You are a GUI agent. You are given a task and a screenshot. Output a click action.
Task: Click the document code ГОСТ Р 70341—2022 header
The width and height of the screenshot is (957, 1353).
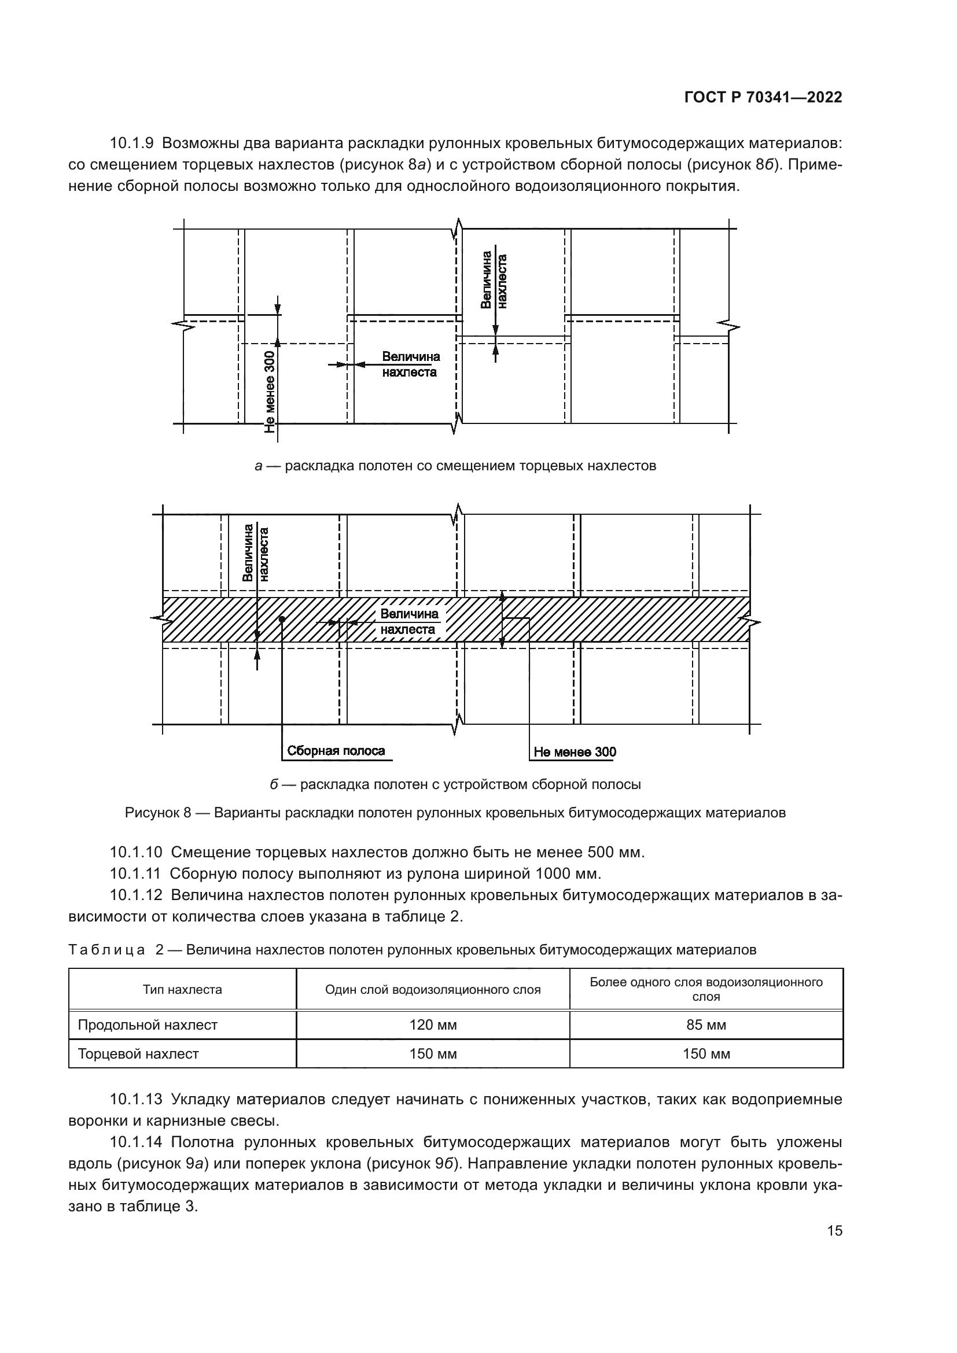click(763, 98)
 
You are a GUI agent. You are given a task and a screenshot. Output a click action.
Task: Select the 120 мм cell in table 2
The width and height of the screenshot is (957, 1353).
click(433, 1025)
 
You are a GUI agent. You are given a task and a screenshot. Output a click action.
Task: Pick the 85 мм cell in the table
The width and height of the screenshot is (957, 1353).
click(706, 1025)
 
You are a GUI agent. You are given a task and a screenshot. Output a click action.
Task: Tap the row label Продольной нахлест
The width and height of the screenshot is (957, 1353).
click(148, 1025)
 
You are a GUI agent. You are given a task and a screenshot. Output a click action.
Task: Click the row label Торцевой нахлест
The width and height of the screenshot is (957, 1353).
click(138, 1053)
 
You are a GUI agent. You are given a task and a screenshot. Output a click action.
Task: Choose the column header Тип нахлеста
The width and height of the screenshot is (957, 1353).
click(182, 989)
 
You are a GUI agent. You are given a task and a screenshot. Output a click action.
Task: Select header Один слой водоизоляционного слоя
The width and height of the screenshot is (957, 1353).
click(433, 989)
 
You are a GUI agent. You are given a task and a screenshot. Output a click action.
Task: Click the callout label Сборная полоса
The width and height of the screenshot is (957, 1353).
click(336, 751)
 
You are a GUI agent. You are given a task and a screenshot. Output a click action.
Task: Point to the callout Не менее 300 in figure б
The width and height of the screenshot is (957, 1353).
click(575, 752)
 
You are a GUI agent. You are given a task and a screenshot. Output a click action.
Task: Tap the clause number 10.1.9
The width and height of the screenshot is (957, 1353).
click(131, 143)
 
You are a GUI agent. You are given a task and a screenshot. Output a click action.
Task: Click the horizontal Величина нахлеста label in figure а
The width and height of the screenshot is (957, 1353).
click(411, 364)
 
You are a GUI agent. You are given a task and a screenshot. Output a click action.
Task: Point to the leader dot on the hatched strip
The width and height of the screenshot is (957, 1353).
click(282, 620)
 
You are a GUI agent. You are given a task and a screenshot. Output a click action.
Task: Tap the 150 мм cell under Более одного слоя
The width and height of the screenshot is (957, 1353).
click(706, 1053)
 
